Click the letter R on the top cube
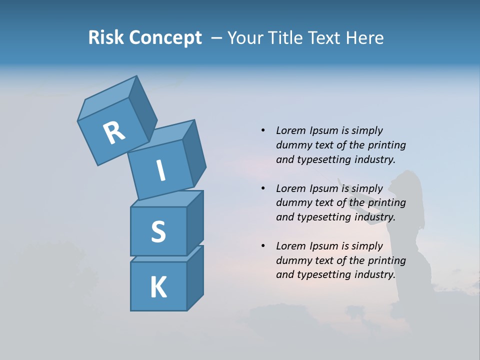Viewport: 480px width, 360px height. click(x=114, y=132)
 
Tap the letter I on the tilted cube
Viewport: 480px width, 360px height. click(x=161, y=170)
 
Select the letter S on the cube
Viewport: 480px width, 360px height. click(x=158, y=231)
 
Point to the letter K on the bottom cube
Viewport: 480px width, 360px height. click(x=158, y=287)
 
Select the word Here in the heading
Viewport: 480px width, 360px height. click(x=364, y=38)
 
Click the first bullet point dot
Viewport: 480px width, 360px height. click(x=263, y=130)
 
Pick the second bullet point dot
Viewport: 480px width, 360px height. click(x=263, y=188)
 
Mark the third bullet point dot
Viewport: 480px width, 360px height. click(x=263, y=246)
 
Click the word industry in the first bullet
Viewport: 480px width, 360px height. click(x=375, y=159)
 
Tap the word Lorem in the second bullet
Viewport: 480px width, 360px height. click(x=289, y=188)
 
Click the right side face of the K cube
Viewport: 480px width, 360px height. click(x=195, y=277)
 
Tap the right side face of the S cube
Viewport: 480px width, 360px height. click(x=195, y=222)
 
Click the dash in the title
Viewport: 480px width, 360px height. click(x=216, y=38)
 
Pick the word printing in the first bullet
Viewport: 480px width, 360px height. click(x=387, y=145)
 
